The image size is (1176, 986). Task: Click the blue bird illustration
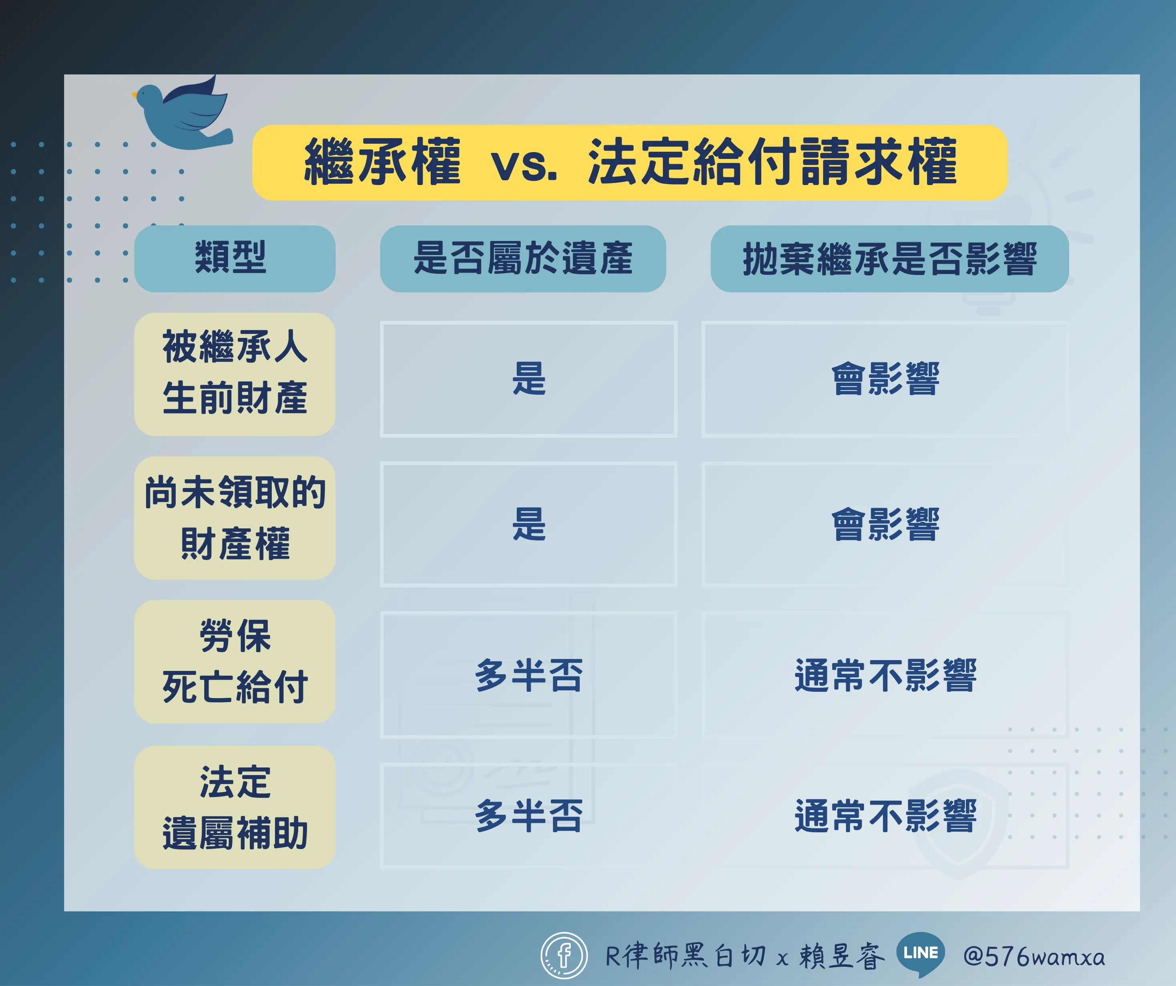point(182,115)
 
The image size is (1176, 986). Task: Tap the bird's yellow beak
point(134,95)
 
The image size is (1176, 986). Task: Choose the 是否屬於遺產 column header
point(523,258)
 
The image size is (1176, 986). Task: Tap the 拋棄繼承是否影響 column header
point(890,258)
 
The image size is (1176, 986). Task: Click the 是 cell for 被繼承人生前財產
point(529,379)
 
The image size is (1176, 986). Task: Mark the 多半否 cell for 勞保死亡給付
point(529,675)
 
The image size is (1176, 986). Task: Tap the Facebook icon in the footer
point(564,955)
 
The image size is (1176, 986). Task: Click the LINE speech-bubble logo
point(921,954)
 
